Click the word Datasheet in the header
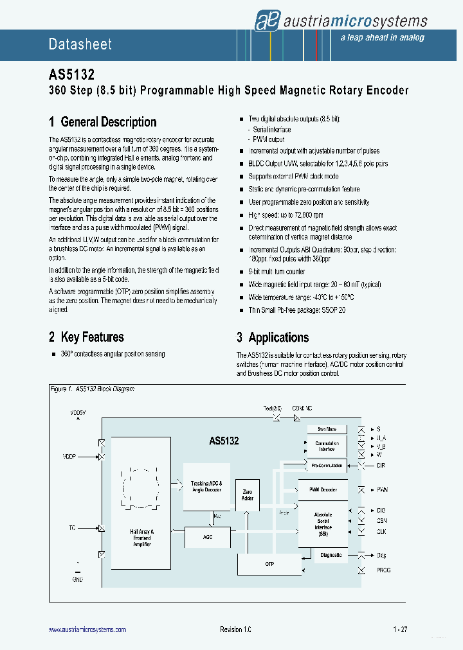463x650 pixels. [x=80, y=44]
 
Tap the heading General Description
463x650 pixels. [x=102, y=122]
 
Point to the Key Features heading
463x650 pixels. [x=86, y=337]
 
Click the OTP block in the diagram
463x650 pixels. [x=269, y=565]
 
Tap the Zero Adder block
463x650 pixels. [x=247, y=494]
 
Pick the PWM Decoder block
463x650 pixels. [x=323, y=490]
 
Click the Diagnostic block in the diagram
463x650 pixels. [x=331, y=555]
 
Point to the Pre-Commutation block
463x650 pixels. [x=327, y=465]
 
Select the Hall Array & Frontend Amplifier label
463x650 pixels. [x=141, y=538]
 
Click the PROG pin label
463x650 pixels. [x=383, y=570]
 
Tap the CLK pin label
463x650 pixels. [x=382, y=532]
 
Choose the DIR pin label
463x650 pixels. [x=381, y=465]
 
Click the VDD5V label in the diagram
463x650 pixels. [x=78, y=412]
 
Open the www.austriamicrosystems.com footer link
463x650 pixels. [x=87, y=630]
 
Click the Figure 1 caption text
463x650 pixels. [x=92, y=389]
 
